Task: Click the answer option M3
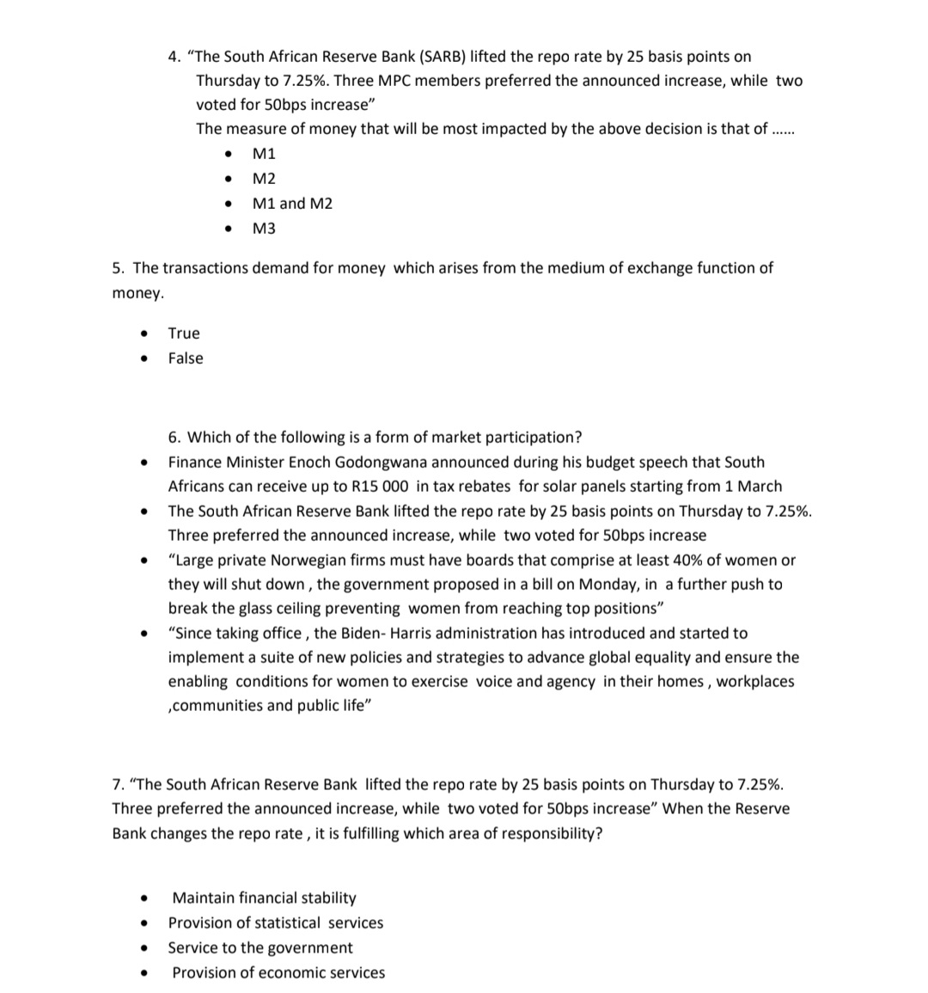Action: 264,229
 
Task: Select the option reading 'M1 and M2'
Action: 292,204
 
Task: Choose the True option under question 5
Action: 184,334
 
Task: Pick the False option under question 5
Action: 186,359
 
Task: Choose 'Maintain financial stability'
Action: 264,898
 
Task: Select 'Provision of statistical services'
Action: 276,923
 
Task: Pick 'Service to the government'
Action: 260,948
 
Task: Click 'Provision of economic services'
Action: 278,973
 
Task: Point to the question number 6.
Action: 174,438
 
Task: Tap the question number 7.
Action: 117,785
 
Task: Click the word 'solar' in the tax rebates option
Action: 537,487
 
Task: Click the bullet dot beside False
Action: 144,359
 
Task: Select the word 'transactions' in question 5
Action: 203,268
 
